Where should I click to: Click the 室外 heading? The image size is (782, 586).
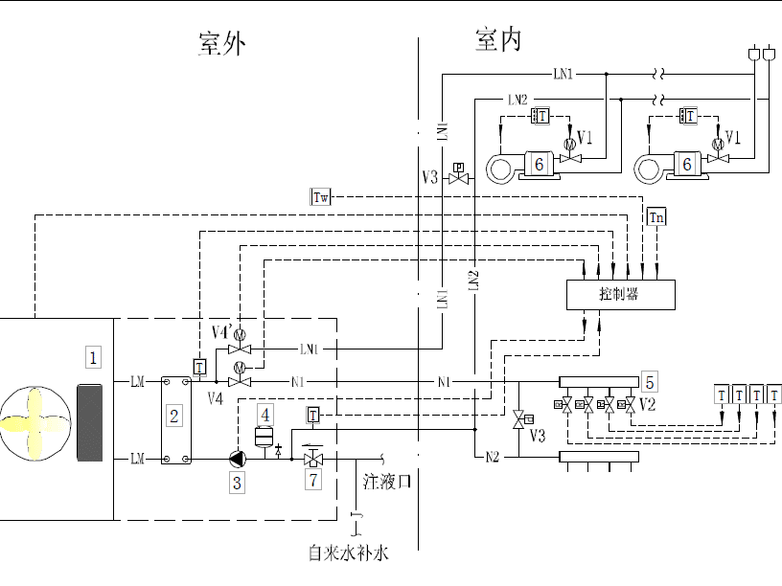221,43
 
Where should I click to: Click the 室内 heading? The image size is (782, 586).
497,40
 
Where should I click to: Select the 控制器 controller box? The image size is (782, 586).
619,294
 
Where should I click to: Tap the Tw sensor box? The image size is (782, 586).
321,198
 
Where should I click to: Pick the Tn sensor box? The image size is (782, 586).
656,217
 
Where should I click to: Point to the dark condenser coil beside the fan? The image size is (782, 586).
89,422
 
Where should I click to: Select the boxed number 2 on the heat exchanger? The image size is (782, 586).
173,416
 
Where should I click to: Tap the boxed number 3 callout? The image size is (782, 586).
237,483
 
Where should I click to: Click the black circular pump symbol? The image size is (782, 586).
236,460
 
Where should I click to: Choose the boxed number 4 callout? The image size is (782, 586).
265,414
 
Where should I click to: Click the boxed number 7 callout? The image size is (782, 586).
312,481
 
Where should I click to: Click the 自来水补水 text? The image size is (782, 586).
349,552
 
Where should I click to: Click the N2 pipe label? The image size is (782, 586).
492,458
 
